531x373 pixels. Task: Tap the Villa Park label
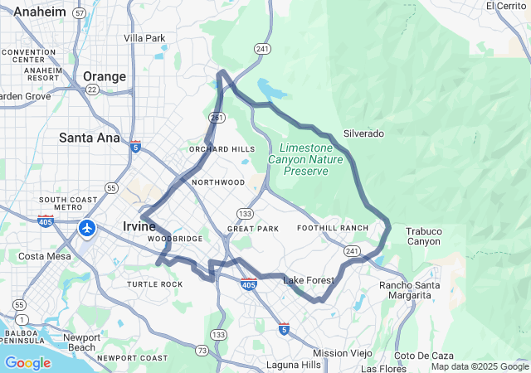tap(144, 38)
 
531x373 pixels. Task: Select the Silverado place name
tap(364, 133)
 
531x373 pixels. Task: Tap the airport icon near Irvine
tap(87, 227)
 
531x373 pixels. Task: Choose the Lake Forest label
tap(309, 280)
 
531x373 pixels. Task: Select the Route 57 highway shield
tap(79, 14)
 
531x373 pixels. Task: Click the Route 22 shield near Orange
tap(91, 90)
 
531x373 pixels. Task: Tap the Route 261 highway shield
tap(217, 119)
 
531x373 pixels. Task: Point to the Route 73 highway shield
tap(202, 351)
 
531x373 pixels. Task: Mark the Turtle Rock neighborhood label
tap(154, 284)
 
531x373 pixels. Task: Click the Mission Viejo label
tap(343, 352)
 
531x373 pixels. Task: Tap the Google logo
tap(27, 363)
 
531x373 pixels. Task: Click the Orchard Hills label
tap(222, 149)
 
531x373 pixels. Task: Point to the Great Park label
tap(253, 228)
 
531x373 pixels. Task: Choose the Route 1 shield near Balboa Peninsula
tap(20, 319)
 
